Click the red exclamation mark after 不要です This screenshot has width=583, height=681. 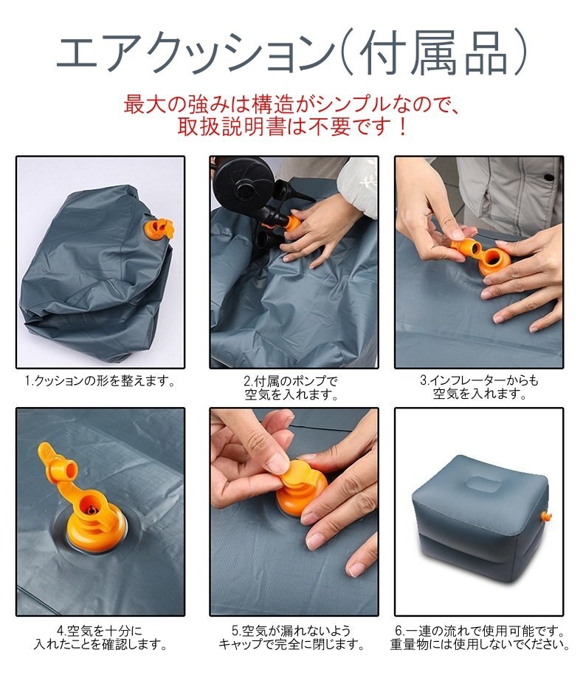(x=402, y=126)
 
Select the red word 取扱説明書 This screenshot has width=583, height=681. (x=232, y=126)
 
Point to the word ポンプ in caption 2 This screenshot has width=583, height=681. (x=308, y=381)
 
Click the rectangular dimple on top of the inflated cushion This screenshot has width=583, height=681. (x=485, y=483)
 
